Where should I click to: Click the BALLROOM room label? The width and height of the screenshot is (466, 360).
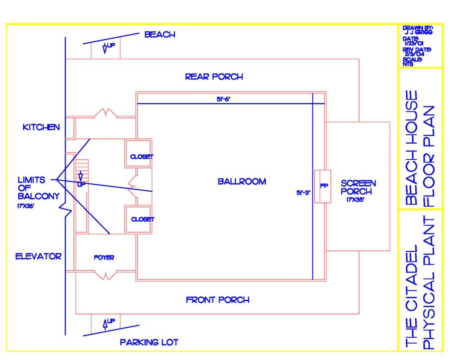(x=242, y=181)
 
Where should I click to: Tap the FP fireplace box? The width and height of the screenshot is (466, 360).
(x=323, y=187)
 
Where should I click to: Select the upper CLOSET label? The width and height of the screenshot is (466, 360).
(x=142, y=157)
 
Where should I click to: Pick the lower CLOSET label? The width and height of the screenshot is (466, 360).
(x=142, y=219)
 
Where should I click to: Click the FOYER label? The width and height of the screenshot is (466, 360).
(x=104, y=258)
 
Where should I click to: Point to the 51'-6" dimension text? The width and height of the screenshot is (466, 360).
(x=223, y=99)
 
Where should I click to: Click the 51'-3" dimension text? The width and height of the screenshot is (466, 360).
(x=303, y=193)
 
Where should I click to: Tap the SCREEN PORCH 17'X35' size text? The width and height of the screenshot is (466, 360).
(x=355, y=200)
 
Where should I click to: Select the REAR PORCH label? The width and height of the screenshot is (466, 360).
(x=214, y=77)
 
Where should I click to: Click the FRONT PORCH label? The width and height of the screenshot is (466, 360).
(x=218, y=300)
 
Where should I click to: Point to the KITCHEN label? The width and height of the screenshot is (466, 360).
(x=41, y=127)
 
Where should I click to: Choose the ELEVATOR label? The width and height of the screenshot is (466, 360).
(x=38, y=256)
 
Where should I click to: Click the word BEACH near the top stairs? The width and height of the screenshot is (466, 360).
(x=160, y=35)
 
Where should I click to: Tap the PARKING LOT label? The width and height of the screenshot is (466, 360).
(x=149, y=342)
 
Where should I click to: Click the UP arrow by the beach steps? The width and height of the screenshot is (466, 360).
(x=105, y=48)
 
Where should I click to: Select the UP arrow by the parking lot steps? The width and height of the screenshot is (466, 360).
(x=105, y=325)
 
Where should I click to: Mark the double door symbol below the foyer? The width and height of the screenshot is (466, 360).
(x=106, y=275)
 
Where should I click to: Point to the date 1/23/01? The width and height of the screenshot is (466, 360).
(x=414, y=43)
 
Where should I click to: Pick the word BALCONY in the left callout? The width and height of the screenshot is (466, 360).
(x=39, y=196)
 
